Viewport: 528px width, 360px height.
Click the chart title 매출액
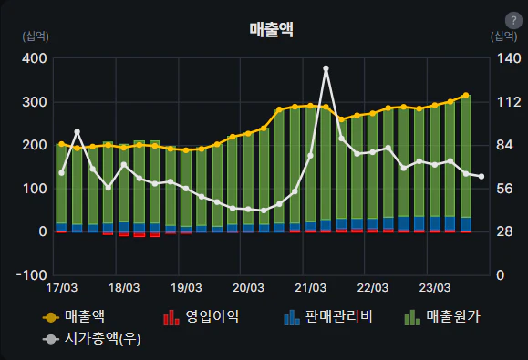point(272,29)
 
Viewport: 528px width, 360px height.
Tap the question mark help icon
point(512,21)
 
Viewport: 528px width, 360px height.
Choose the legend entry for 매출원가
point(443,317)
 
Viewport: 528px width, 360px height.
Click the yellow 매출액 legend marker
point(51,317)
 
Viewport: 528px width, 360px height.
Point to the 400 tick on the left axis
point(35,58)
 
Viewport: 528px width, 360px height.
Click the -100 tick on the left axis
point(33,274)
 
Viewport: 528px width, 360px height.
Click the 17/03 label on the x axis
point(61,288)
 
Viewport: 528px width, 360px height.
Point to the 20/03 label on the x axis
point(248,288)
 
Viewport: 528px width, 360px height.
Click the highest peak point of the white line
point(326,68)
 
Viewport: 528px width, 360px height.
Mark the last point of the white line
point(481,177)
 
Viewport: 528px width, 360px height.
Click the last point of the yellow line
point(466,95)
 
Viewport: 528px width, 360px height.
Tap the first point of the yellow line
point(61,144)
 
